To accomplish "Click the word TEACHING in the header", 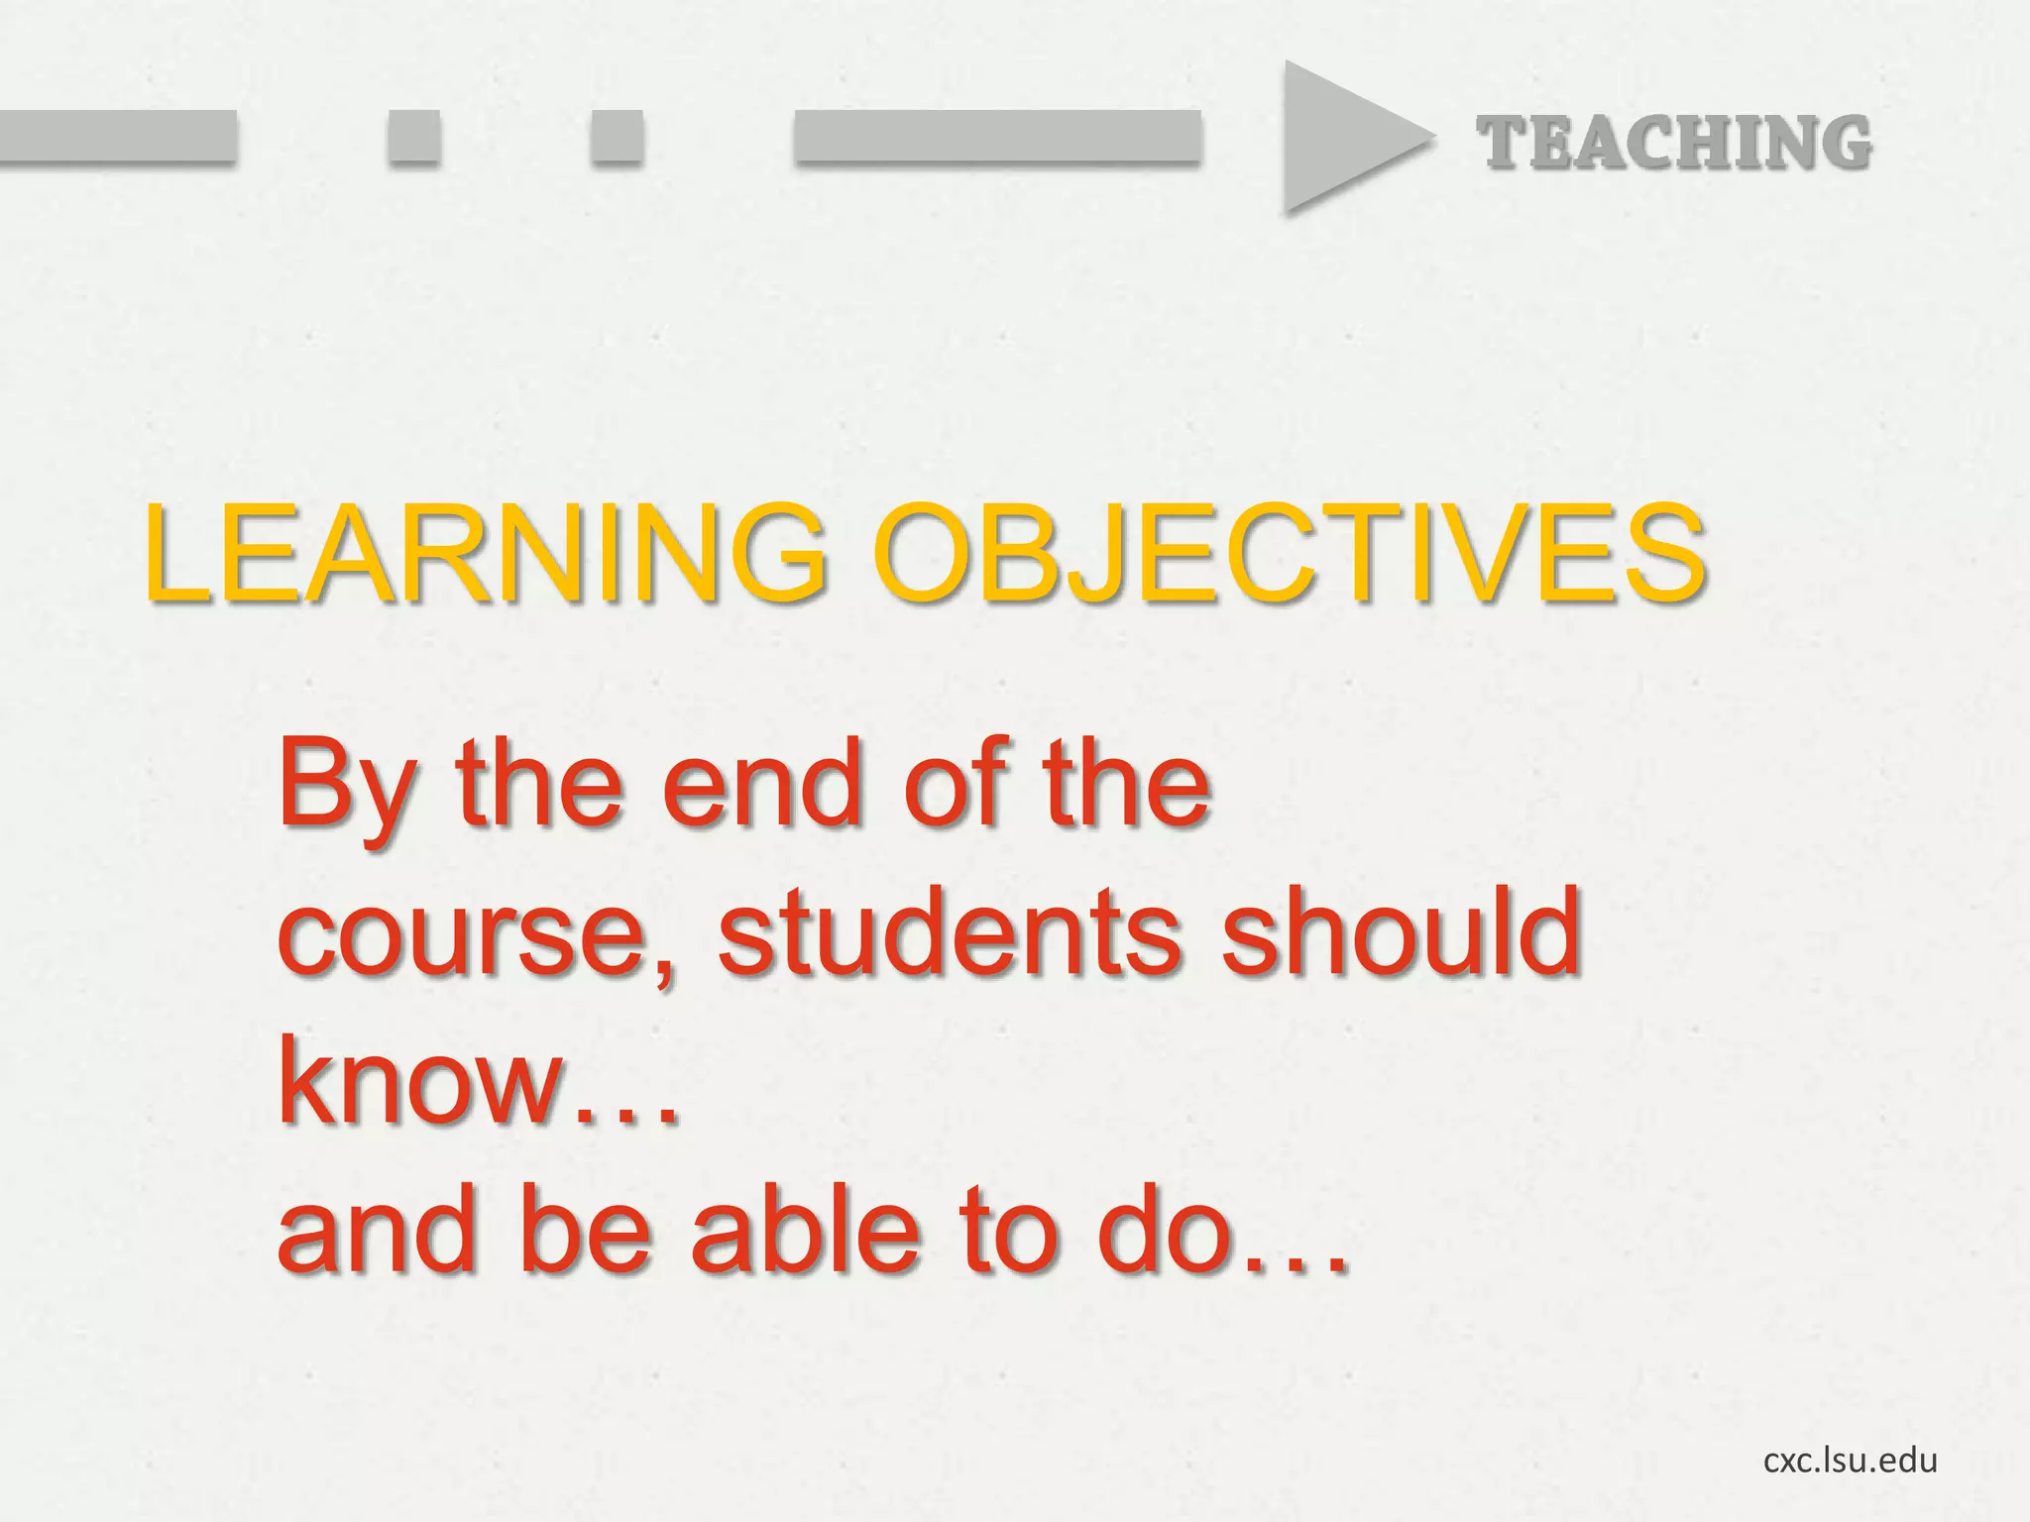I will click(1674, 143).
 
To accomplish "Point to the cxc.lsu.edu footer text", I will click(1850, 1460).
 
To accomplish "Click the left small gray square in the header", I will click(412, 136).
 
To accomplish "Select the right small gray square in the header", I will click(617, 136).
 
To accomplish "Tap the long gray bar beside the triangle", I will click(997, 136).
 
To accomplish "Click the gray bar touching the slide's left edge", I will click(117, 136).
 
